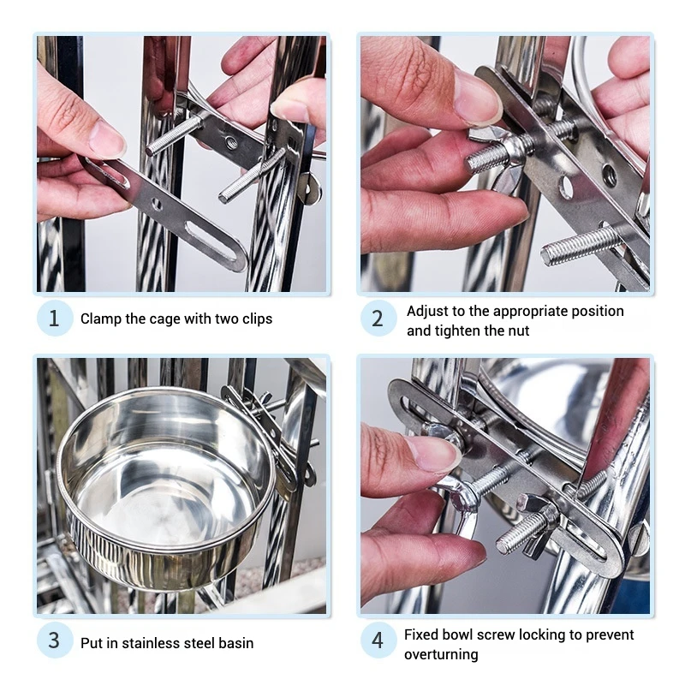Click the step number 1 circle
point(54,319)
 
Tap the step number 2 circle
point(378,319)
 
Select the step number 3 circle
point(54,641)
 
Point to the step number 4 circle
point(378,641)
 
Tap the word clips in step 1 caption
point(254,319)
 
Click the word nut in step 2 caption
point(518,331)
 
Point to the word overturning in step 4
point(441,654)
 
